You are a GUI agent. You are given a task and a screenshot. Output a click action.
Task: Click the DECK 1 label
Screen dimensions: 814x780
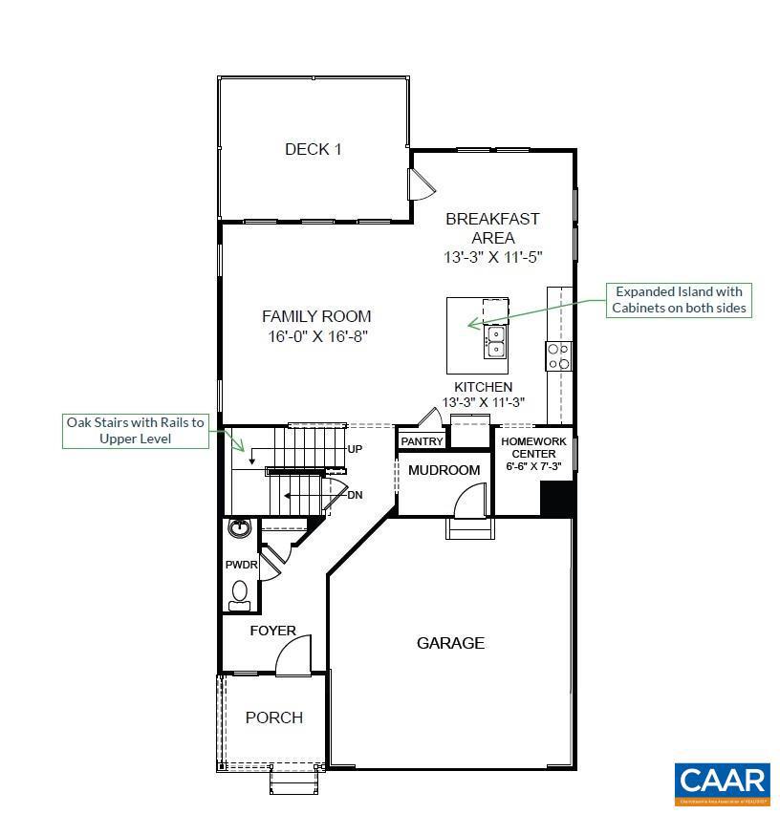(313, 149)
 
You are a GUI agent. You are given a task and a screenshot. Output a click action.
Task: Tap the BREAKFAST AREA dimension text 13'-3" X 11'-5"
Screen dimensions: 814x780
(492, 258)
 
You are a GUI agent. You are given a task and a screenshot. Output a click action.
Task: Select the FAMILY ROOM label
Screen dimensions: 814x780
(316, 316)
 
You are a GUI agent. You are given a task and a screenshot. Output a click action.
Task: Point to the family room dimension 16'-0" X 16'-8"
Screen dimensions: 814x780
(317, 336)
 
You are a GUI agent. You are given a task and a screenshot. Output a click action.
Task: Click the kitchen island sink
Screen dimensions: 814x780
(495, 341)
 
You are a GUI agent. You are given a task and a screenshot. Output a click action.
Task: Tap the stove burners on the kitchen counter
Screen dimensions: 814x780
(557, 356)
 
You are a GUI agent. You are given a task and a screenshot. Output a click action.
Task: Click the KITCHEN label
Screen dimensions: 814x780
(483, 387)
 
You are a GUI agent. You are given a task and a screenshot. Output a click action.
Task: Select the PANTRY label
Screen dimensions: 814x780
(422, 441)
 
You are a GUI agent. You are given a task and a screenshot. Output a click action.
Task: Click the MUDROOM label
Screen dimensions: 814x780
(444, 470)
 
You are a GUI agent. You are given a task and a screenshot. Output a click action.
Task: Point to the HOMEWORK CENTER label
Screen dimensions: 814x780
(532, 448)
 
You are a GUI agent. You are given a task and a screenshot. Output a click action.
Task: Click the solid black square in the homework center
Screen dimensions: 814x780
(555, 499)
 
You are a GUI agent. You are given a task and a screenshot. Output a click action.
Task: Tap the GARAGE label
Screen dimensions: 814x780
(450, 643)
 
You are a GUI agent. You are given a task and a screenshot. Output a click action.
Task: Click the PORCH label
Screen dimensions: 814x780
(274, 718)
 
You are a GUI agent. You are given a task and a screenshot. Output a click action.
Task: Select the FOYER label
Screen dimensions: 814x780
(272, 631)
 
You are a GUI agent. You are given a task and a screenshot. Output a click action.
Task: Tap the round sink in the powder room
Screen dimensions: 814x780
(239, 528)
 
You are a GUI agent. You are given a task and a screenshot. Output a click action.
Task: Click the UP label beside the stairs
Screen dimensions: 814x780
(355, 449)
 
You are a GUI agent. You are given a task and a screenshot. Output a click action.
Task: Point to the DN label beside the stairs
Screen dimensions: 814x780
(355, 495)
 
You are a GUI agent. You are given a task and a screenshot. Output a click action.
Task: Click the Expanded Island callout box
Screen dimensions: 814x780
(678, 299)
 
